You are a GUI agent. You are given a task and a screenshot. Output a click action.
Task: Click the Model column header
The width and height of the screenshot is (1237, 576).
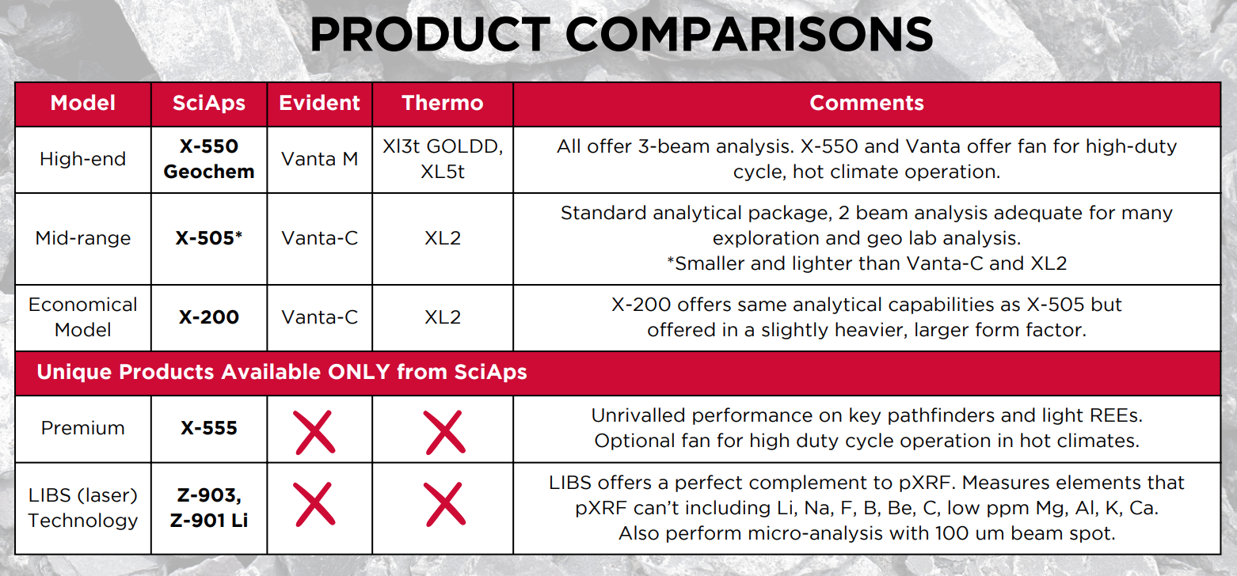coord(83,103)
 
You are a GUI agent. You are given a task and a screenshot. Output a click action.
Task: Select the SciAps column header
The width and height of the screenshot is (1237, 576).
coord(209,103)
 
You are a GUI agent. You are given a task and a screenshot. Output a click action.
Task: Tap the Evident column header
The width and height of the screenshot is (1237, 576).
coord(319,103)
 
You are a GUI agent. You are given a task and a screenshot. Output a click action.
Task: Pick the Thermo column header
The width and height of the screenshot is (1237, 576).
coord(443,103)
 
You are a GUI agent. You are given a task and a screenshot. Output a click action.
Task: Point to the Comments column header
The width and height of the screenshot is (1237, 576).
coord(866,103)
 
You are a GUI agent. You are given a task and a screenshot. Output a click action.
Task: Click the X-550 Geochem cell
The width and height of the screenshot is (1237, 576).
coord(209,159)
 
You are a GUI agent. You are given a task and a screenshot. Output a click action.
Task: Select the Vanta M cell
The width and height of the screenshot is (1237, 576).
coord(319,159)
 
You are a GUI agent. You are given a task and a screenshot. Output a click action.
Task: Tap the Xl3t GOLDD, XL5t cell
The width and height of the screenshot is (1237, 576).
coord(443,159)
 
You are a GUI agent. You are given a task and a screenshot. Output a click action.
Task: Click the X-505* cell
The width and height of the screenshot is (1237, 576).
coord(209,238)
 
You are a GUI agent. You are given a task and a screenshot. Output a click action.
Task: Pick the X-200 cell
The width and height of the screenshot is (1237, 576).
coord(209,317)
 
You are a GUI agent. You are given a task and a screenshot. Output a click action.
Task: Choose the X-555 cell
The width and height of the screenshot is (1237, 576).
coord(209,428)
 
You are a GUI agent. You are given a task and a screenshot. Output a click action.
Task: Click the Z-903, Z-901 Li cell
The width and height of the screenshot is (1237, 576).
coord(209,508)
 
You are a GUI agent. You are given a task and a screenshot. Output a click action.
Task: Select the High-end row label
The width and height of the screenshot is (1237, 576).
coord(83,160)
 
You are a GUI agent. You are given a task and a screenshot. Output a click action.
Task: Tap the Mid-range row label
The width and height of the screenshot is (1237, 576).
coord(83,238)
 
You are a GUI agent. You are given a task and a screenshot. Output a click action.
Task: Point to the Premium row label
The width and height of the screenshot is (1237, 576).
coord(83,428)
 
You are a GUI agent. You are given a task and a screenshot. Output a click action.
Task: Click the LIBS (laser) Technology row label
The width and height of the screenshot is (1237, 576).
coord(83,508)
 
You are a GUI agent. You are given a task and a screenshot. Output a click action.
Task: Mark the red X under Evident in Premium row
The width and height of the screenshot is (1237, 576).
coord(314,433)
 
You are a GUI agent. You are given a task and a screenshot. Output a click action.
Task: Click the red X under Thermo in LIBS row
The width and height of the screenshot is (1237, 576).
coord(445,504)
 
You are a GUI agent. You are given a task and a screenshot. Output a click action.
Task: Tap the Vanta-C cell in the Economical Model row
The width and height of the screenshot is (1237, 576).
coord(319,317)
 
